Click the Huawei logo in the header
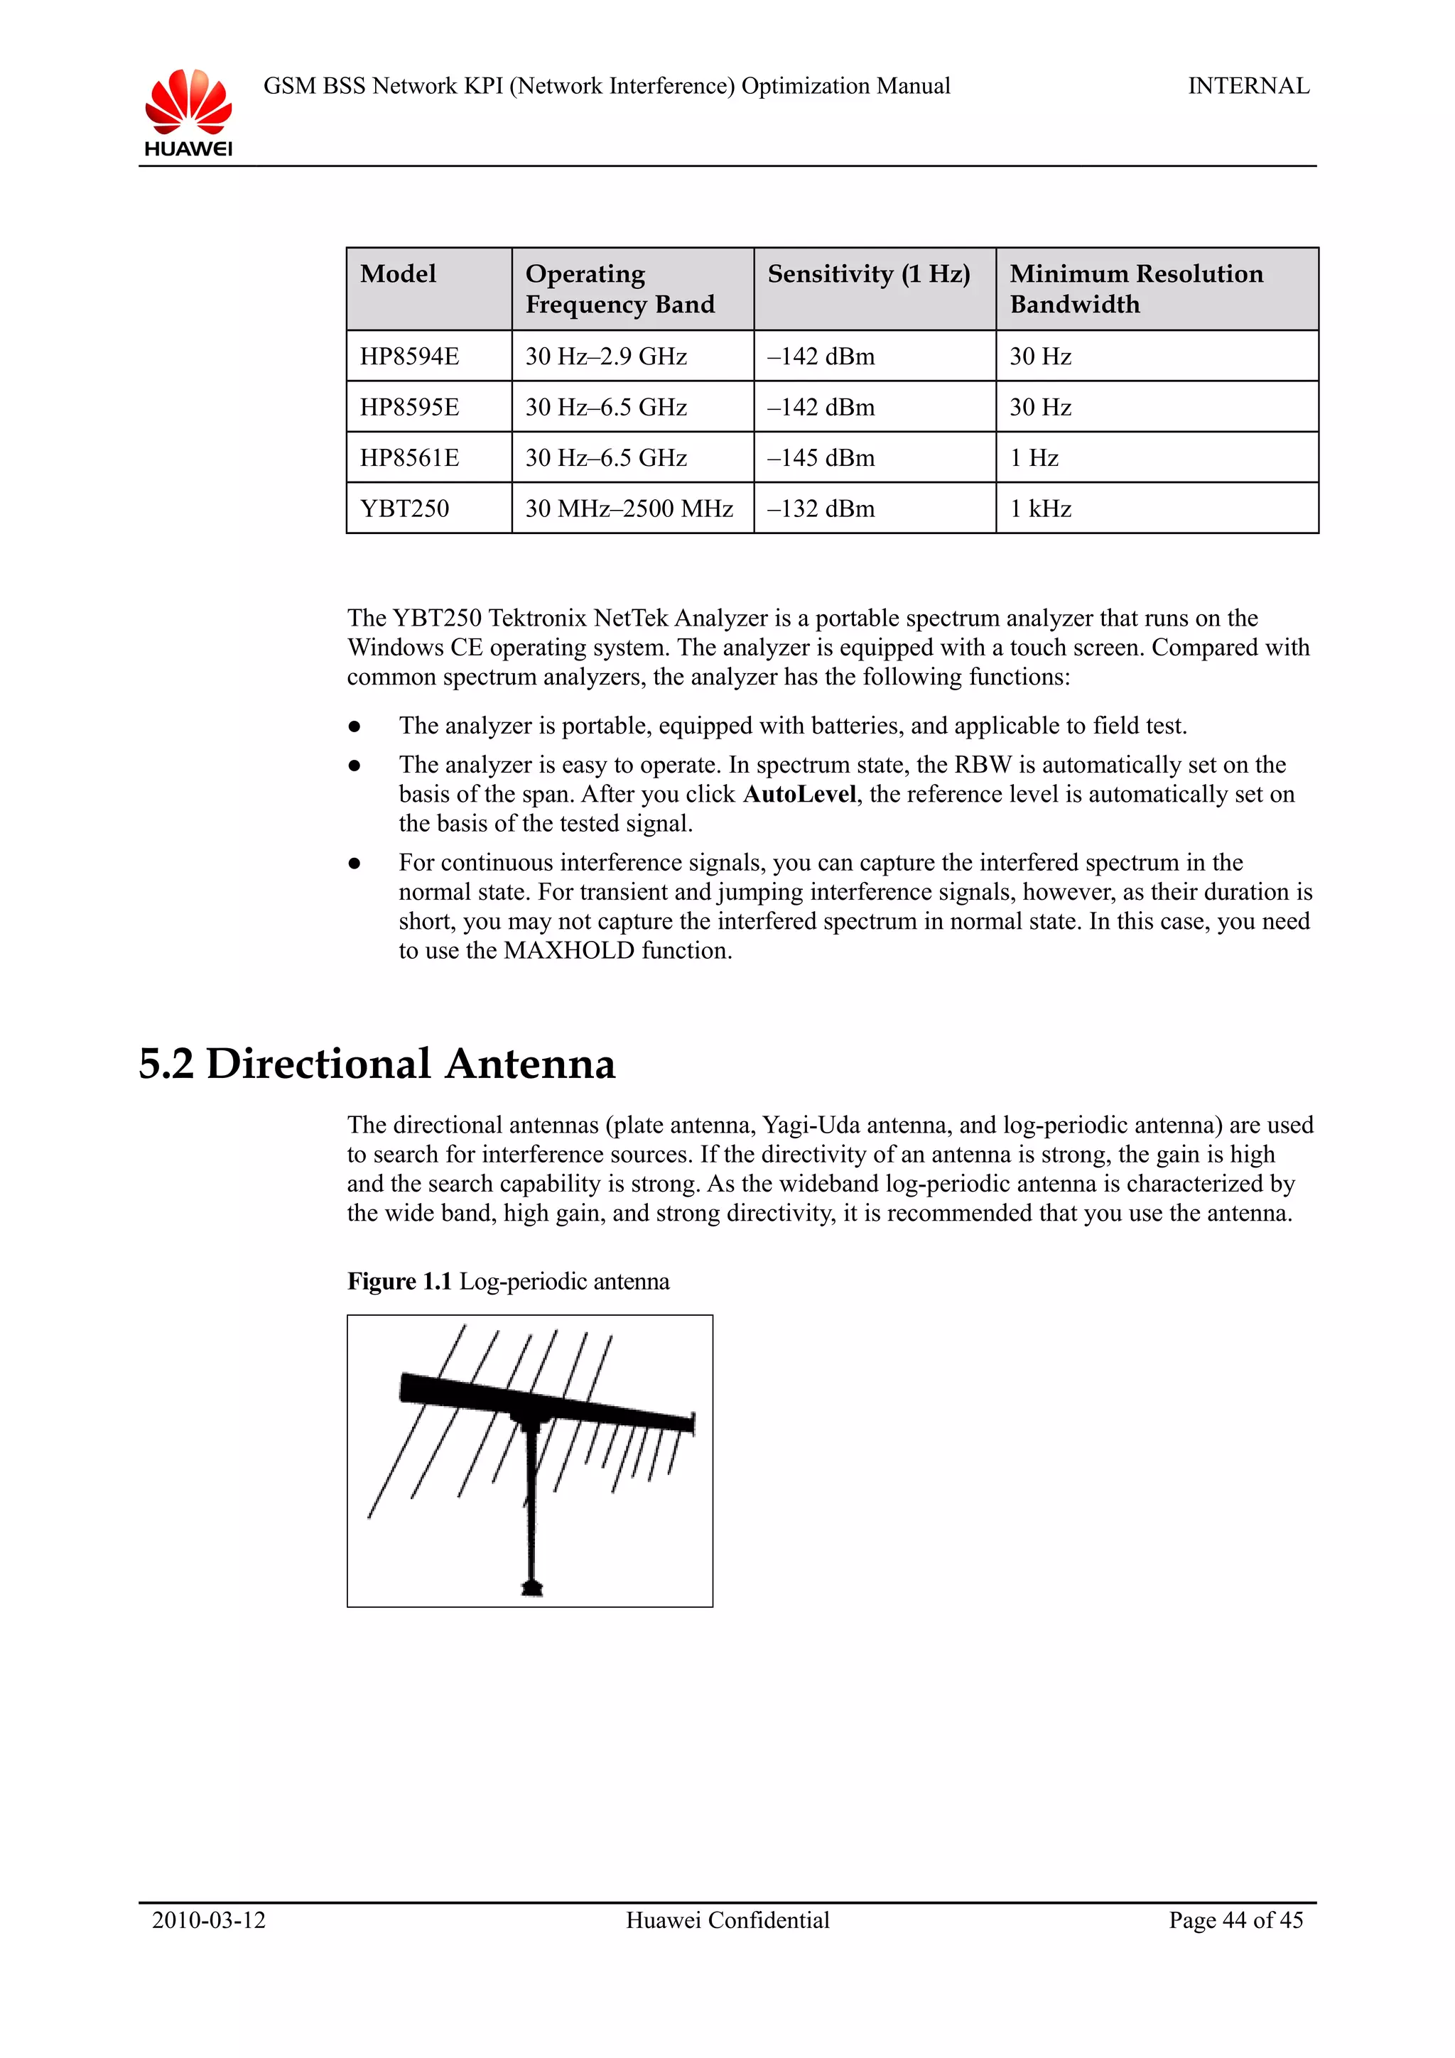point(188,112)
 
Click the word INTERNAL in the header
point(1248,86)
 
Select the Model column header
point(398,273)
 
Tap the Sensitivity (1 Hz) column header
point(867,273)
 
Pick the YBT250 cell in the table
point(404,509)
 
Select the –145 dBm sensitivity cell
point(821,458)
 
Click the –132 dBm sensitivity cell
point(821,509)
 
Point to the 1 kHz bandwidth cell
point(1040,509)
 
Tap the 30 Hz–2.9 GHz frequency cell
point(606,356)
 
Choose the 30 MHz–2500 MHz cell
point(629,509)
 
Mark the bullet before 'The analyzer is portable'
point(355,727)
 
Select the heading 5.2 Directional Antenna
point(377,1064)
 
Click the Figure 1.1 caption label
point(400,1282)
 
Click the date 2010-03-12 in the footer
point(209,1920)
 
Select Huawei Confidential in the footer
point(727,1920)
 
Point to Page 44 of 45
point(1235,1920)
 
